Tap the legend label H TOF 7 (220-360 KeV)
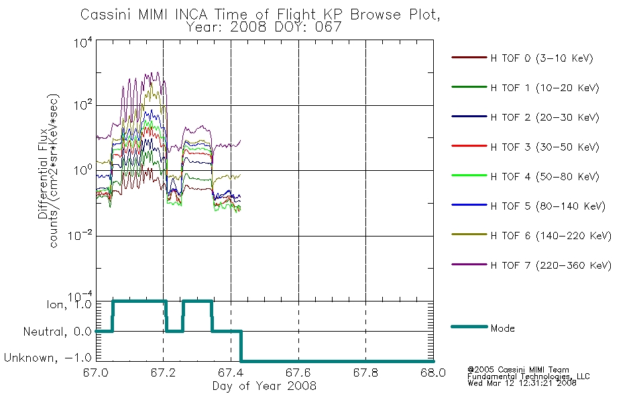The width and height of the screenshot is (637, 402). pos(551,265)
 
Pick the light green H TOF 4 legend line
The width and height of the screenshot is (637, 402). pos(469,176)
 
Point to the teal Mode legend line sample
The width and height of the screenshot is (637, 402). pos(469,326)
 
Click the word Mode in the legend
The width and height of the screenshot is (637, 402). pos(502,328)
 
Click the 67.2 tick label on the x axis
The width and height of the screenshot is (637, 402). pos(164,373)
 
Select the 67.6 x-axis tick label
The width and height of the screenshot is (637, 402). pos(298,373)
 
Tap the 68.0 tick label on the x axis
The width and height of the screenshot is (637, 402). pos(433,373)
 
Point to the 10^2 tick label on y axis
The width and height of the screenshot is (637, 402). pos(82,105)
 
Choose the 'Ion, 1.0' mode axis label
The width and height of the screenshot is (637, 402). pos(69,304)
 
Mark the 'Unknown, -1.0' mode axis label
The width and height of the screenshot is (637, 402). pos(48,358)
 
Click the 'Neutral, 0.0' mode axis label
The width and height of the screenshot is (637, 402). pos(58,332)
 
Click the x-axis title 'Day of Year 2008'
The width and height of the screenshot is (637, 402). pos(264,386)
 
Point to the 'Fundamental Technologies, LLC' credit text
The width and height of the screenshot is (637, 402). pos(528,377)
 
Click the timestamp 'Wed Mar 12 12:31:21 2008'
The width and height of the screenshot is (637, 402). pos(522,383)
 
